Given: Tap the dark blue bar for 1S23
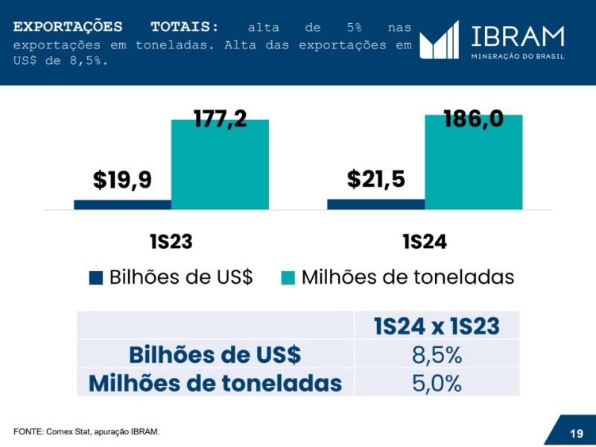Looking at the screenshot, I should click(x=122, y=205).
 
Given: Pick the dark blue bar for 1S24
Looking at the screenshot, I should click(x=375, y=204).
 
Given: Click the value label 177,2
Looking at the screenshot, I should click(x=220, y=118).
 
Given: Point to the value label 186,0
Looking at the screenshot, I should click(x=473, y=118).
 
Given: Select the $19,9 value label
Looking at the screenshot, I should click(x=122, y=180).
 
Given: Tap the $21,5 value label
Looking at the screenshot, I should click(x=375, y=179).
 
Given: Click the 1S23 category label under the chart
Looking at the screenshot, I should click(x=171, y=242).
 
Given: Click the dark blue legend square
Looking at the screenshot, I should click(x=95, y=278).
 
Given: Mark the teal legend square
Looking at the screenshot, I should click(x=288, y=278).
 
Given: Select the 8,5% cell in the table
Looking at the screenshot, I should click(x=437, y=355).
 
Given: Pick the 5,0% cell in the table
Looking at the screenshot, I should click(x=437, y=383).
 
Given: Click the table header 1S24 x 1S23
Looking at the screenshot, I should click(x=437, y=326).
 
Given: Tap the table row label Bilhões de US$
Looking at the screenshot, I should click(x=215, y=355).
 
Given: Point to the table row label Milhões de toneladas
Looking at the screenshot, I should click(x=215, y=383).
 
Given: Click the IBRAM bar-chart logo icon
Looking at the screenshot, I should click(x=439, y=39).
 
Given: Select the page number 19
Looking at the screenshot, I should click(x=576, y=434).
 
